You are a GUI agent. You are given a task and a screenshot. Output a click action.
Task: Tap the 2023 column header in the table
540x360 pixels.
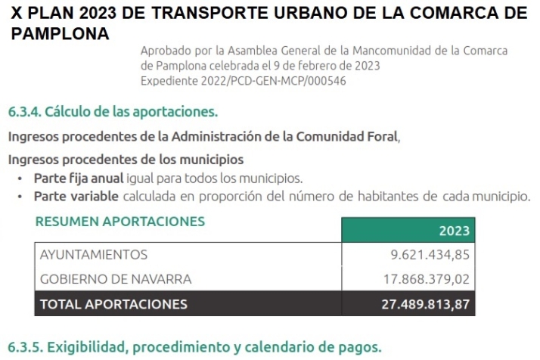point(454,231)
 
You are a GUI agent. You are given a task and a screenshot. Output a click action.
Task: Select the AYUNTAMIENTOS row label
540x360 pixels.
point(93,254)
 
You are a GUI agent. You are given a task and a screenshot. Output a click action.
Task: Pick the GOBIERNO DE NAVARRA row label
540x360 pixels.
point(115,279)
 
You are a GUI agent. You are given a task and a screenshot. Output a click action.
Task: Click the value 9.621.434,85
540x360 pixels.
point(430,254)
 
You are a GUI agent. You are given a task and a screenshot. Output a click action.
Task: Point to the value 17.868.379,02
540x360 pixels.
point(427,279)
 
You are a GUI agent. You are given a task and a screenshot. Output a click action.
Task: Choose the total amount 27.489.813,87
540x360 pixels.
point(425,304)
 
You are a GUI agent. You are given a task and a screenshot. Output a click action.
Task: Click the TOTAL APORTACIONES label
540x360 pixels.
point(113,304)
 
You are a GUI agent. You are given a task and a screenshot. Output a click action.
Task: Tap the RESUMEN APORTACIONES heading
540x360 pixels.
point(119,222)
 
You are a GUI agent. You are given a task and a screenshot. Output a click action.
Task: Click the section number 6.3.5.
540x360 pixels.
point(24,347)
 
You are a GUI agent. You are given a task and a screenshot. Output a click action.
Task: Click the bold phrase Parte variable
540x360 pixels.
point(76,197)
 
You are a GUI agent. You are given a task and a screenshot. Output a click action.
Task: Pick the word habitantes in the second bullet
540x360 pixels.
point(386,197)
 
